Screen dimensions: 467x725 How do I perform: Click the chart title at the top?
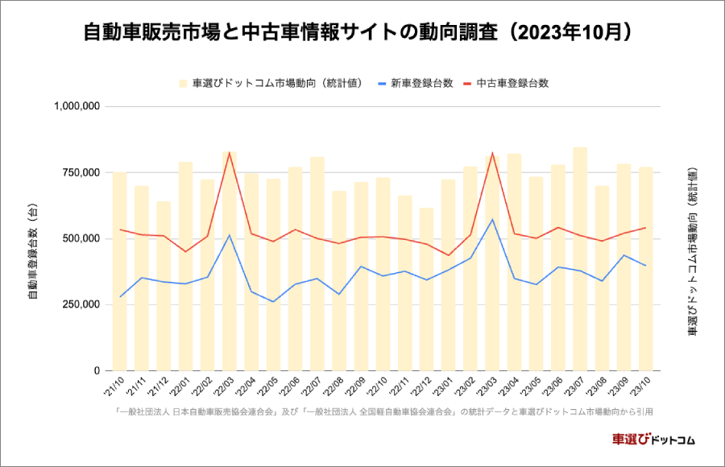pyautogui.click(x=362, y=33)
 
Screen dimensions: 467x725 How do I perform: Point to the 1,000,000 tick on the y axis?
pyautogui.click(x=77, y=106)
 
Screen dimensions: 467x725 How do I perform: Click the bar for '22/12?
pyautogui.click(x=426, y=290)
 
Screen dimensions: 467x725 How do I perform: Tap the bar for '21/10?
pyautogui.click(x=119, y=274)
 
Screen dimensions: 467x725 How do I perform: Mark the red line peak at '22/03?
pyautogui.click(x=229, y=152)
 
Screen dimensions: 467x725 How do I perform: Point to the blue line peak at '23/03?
pyautogui.click(x=492, y=219)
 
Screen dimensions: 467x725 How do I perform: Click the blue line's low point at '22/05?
pyautogui.click(x=273, y=302)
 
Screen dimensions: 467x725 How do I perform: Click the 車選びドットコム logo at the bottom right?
pyautogui.click(x=653, y=440)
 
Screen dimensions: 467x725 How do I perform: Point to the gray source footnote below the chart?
pyautogui.click(x=383, y=411)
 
